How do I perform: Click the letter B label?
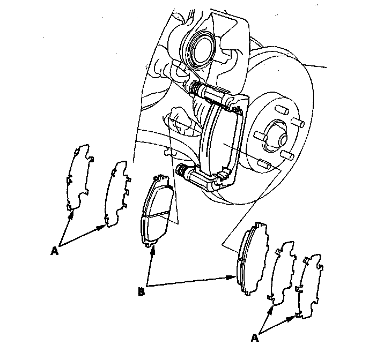(141, 292)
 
